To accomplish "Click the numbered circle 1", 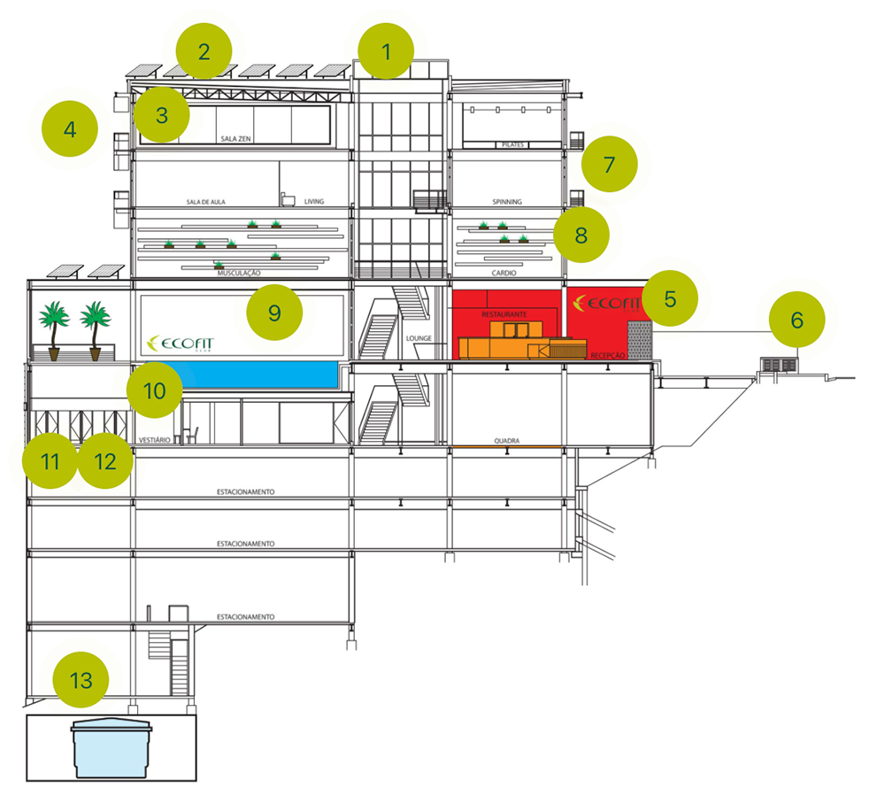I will (x=386, y=51).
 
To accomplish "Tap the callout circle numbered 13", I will (x=81, y=681).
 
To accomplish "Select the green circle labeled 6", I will (x=796, y=320).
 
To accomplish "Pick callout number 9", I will (x=274, y=313).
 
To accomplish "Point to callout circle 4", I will (x=70, y=130).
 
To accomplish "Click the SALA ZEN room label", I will (x=237, y=139).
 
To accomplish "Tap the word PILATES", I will (x=512, y=143).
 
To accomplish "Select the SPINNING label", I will (x=507, y=202).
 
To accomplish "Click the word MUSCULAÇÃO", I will (x=239, y=274).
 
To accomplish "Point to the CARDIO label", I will (x=507, y=274).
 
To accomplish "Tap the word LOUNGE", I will (x=418, y=338).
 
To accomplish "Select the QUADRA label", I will (x=506, y=439).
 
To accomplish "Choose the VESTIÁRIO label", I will (x=154, y=439).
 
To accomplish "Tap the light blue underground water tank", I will (x=112, y=746).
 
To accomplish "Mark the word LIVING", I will (x=314, y=202).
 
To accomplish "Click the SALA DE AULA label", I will (x=206, y=202).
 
